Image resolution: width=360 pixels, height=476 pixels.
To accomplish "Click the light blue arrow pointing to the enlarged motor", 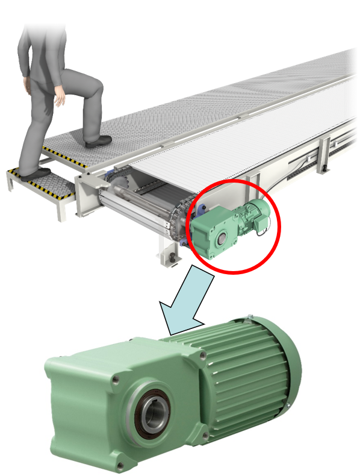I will [x=189, y=301].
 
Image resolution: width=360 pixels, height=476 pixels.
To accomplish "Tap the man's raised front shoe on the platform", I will [x=99, y=142].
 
